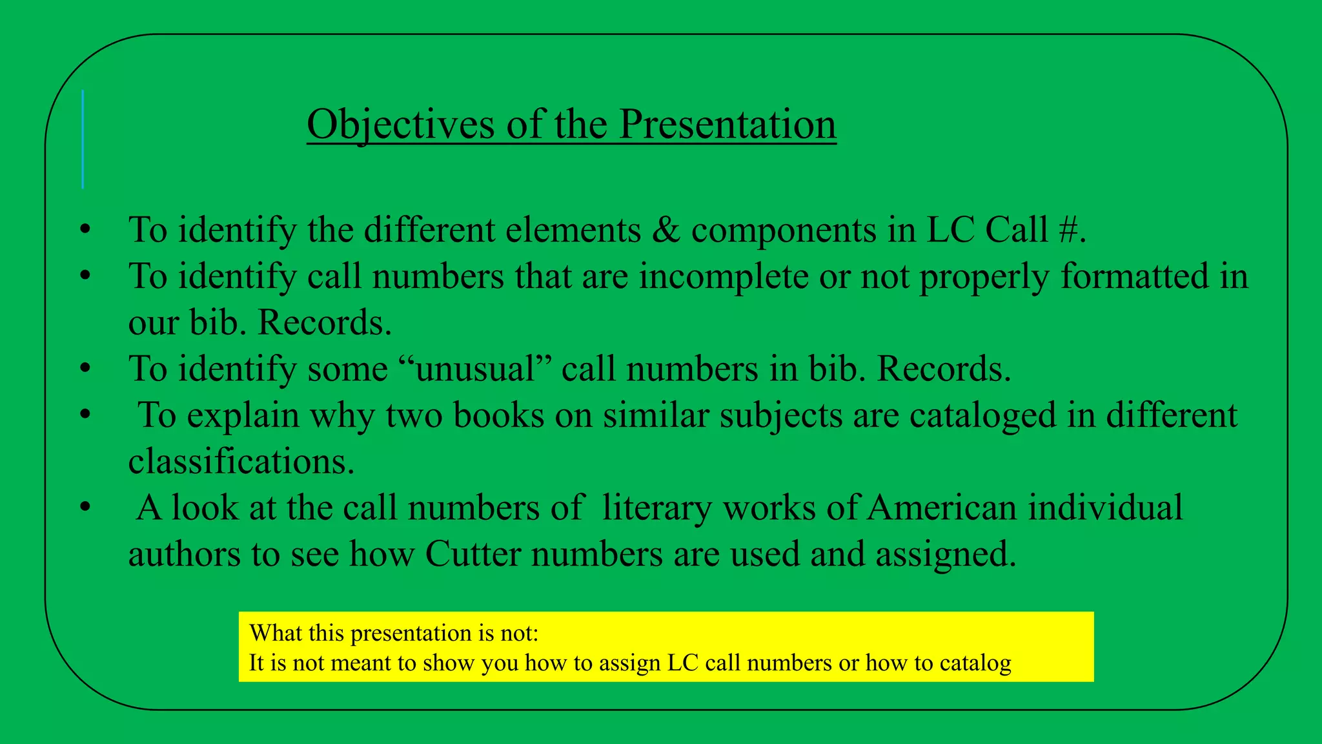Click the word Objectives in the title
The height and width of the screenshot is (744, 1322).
click(400, 124)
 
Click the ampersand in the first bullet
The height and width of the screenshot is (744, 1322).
click(666, 230)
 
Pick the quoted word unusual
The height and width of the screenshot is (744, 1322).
click(478, 369)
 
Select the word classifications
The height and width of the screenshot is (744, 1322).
click(241, 461)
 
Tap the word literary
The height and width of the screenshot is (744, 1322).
click(656, 508)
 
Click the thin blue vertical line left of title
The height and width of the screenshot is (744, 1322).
click(83, 139)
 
